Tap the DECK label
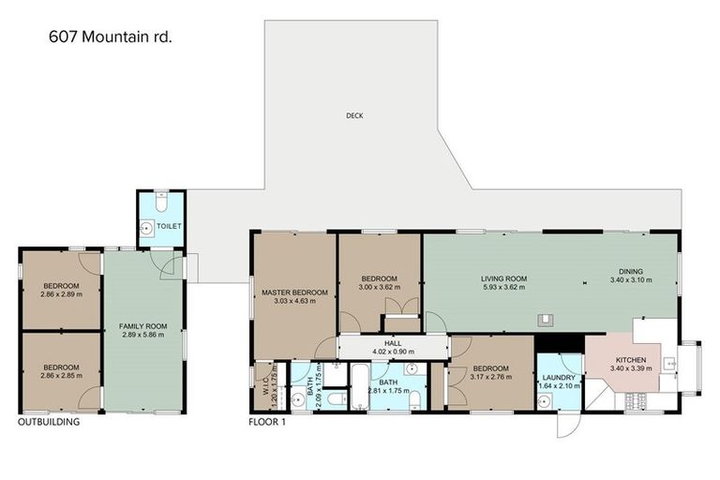click(353, 116)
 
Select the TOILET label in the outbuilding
click(170, 226)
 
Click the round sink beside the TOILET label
click(147, 226)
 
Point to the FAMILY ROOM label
click(142, 326)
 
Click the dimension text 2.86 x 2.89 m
click(61, 294)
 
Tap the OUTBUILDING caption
click(49, 422)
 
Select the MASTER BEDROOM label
click(294, 292)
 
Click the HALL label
click(393, 343)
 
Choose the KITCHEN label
click(630, 359)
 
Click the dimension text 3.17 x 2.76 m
click(490, 378)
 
